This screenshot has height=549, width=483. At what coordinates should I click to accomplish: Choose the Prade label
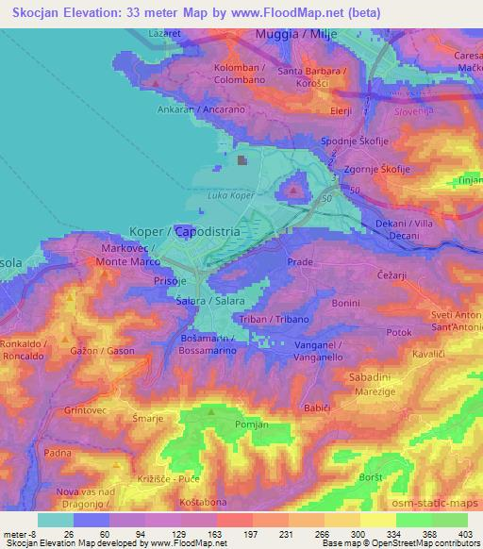pyautogui.click(x=300, y=261)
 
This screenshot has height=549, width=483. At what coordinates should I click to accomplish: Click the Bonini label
pyautogui.click(x=345, y=303)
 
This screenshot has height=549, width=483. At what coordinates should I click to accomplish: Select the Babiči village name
pyautogui.click(x=317, y=408)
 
